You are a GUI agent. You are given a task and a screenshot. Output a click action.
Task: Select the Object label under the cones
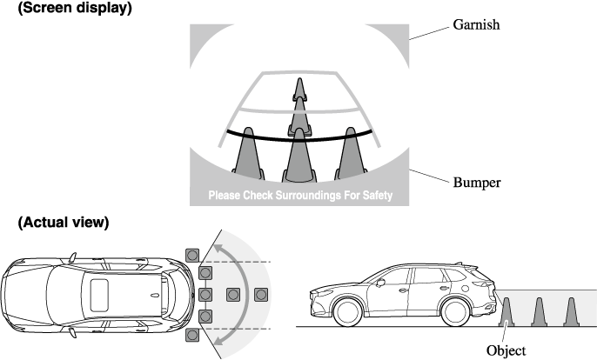click(x=506, y=350)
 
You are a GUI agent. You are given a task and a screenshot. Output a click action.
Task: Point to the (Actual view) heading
click(x=64, y=223)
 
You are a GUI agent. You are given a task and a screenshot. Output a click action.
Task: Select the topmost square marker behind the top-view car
click(x=192, y=255)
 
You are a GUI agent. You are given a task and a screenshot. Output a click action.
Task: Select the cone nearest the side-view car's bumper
click(x=507, y=311)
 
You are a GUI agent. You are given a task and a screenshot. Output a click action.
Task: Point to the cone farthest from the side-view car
click(x=571, y=311)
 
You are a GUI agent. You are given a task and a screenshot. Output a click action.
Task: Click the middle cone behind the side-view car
click(x=540, y=311)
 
